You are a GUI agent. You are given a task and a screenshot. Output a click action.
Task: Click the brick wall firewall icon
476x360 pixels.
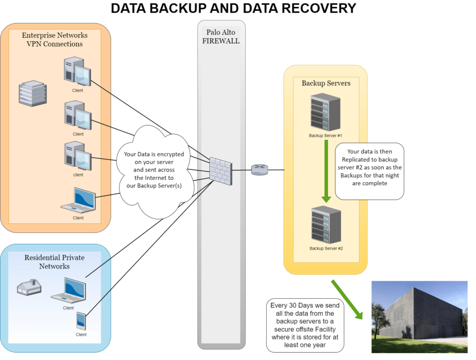221,170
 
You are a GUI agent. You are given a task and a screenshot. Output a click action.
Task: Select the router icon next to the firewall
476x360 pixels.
259,170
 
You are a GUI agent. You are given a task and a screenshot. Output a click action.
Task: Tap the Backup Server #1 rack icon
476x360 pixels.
325,113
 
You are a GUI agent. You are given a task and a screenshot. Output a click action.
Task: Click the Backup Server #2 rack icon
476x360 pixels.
326,225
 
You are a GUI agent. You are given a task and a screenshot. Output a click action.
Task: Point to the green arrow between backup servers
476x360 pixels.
326,170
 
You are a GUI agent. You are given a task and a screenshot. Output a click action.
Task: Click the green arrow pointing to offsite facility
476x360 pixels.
347,299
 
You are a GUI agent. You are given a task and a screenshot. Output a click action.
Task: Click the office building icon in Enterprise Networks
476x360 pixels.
33,93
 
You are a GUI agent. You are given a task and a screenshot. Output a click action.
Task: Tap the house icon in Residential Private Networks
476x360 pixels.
29,288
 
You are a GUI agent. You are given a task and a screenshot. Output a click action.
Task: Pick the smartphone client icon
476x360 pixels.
81,321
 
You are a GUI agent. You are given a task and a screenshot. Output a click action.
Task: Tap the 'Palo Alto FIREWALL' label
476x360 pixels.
221,36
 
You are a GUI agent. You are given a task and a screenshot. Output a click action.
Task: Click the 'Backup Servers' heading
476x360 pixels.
326,83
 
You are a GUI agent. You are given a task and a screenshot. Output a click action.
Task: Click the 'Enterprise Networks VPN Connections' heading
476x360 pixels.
54,39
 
